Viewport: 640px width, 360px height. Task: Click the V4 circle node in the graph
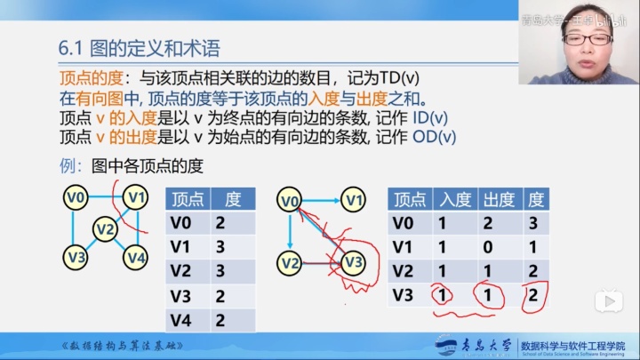click(135, 258)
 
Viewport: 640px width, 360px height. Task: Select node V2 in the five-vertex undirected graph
click(106, 230)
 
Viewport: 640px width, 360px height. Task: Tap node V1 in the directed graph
click(355, 200)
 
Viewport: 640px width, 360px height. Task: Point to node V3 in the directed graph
click(353, 262)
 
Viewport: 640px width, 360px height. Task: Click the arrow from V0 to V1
click(321, 201)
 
